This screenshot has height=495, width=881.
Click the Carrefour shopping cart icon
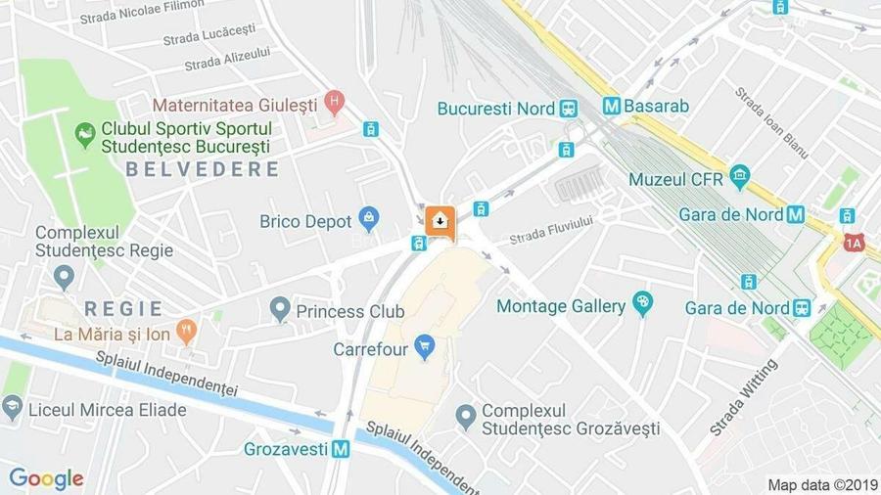(424, 346)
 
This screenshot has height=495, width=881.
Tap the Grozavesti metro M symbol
(340, 450)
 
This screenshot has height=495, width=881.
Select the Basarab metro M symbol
(612, 106)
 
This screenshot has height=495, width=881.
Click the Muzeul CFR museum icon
(739, 178)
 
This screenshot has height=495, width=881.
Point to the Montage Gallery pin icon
(642, 304)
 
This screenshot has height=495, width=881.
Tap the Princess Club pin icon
(281, 310)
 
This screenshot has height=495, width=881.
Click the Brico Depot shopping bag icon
(368, 219)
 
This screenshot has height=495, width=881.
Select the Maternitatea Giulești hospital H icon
(335, 101)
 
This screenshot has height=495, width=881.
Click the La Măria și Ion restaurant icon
(186, 332)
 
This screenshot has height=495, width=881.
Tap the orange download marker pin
(440, 221)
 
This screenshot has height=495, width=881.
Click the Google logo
(46, 478)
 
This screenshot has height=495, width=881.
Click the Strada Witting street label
(743, 397)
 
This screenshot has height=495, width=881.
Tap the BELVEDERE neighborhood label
(202, 169)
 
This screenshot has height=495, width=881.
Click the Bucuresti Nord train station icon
(569, 108)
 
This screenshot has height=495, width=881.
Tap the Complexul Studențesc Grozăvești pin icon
(466, 418)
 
